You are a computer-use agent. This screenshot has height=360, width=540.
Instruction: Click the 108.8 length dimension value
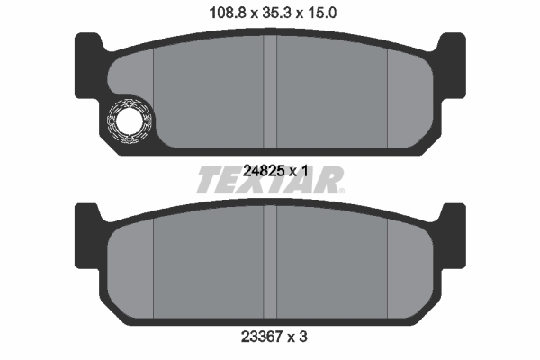tap(228, 13)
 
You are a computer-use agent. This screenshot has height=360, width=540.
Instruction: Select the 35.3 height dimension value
tap(277, 13)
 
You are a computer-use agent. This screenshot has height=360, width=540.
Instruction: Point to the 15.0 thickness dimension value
tap(321, 13)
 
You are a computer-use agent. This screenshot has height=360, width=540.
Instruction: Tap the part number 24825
tap(264, 171)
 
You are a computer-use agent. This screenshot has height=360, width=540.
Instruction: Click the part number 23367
tap(262, 337)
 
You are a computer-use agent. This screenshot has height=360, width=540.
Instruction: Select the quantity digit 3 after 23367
tap(302, 337)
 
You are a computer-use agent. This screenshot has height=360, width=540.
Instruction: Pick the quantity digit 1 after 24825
tap(304, 171)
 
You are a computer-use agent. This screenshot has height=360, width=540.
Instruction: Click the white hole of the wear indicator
tap(129, 121)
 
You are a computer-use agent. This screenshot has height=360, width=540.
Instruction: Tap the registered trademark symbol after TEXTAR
tap(341, 191)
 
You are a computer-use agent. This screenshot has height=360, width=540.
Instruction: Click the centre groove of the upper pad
tap(270, 92)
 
